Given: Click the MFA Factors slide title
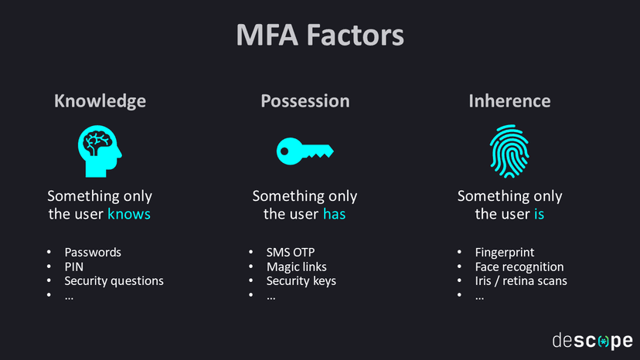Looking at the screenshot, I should click(x=319, y=36).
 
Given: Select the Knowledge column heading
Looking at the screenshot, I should click(x=100, y=101).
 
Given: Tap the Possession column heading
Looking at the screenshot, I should click(x=305, y=101).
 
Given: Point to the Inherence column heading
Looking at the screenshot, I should click(x=509, y=101).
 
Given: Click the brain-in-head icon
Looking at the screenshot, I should click(x=99, y=149).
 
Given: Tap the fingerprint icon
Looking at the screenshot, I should click(x=509, y=150).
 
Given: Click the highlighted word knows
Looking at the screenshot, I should click(x=129, y=214).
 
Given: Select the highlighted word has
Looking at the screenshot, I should click(x=334, y=214).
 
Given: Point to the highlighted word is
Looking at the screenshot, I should click(x=539, y=214).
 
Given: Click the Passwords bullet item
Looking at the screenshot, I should click(x=93, y=252).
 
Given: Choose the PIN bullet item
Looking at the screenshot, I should click(x=73, y=267).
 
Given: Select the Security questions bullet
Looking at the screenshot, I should click(x=114, y=280).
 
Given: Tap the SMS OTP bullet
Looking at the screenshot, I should click(x=291, y=252).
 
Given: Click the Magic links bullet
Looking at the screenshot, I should click(x=296, y=267).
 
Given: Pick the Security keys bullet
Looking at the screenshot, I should click(x=301, y=280).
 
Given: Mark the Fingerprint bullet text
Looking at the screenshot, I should click(x=505, y=252).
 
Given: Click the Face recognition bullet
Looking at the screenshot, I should click(x=519, y=267).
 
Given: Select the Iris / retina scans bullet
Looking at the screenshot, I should click(x=521, y=280).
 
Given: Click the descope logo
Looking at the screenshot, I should click(x=592, y=340).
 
